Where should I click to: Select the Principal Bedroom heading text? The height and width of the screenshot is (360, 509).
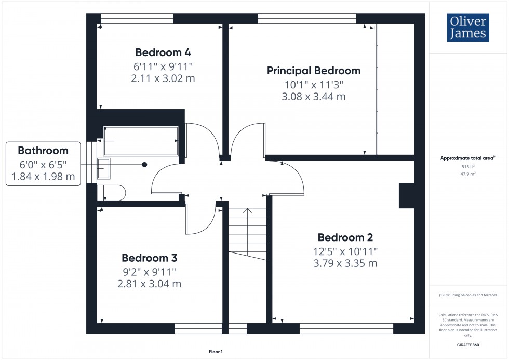(313, 71)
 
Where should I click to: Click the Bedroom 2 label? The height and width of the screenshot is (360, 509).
(345, 238)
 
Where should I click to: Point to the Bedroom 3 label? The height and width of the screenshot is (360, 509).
(150, 258)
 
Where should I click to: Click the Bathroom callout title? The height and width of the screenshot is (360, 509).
(43, 151)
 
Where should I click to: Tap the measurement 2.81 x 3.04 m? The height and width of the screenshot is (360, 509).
(149, 284)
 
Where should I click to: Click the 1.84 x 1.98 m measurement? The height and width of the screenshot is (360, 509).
(43, 177)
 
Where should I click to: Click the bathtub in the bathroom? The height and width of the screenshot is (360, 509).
(141, 140)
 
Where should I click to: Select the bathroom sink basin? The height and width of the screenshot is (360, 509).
(104, 169)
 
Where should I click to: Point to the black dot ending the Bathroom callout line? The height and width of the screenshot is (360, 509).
(144, 164)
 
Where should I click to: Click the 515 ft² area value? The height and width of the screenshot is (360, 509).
(468, 167)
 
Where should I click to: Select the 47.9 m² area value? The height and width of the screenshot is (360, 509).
(468, 175)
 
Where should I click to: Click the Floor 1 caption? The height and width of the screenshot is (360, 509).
(215, 352)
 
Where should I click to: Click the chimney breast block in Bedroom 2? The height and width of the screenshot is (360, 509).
(406, 196)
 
